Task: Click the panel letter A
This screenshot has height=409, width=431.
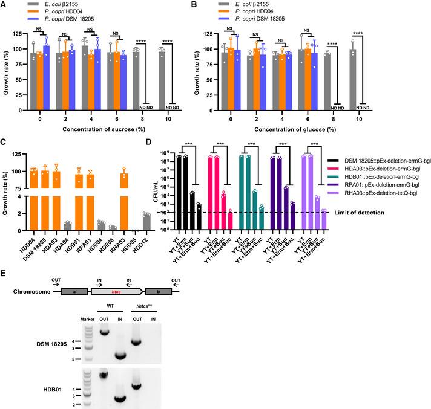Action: [5, 5]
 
